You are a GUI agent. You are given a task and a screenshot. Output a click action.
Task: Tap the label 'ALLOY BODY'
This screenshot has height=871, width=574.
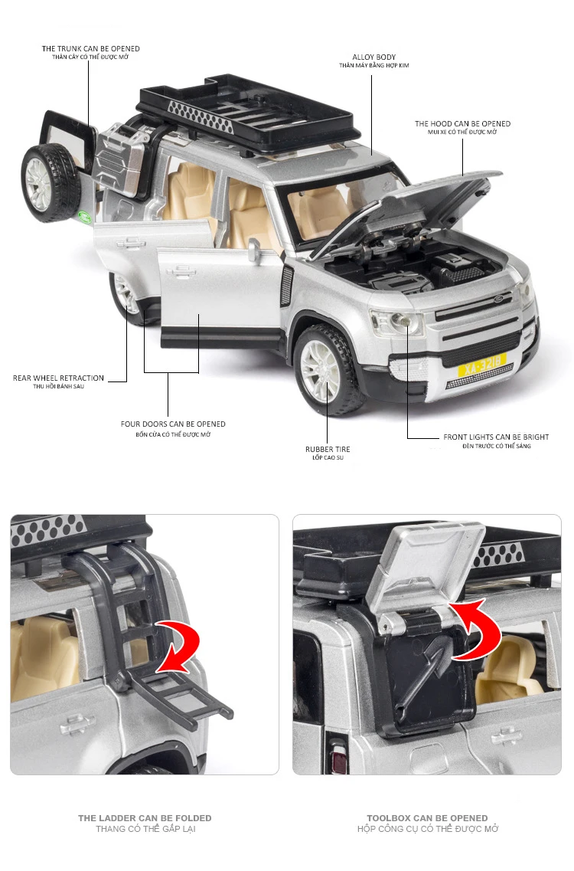(374, 57)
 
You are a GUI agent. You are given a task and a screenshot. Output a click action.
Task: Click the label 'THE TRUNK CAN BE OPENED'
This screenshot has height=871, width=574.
(91, 49)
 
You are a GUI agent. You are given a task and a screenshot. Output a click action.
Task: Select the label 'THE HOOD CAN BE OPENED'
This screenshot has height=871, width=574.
(462, 123)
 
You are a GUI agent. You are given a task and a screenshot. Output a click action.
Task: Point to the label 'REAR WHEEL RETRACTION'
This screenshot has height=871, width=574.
(58, 378)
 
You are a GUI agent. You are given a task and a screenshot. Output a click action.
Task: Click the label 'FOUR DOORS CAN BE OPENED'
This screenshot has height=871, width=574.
(173, 424)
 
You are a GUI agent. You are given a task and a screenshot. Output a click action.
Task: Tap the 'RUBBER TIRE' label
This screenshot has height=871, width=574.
(328, 449)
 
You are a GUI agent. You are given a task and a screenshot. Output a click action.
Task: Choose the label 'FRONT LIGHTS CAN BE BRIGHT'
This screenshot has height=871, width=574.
(496, 437)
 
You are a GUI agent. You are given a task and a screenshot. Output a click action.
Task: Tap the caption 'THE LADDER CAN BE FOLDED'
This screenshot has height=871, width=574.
(145, 818)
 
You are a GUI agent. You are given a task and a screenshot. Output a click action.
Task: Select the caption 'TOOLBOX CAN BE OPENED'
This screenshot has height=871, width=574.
(427, 818)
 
